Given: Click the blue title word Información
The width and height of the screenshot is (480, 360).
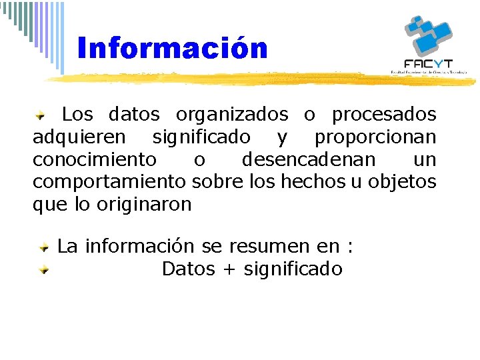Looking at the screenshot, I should click(x=172, y=49).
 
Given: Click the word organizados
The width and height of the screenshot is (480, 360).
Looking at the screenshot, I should click(x=232, y=115).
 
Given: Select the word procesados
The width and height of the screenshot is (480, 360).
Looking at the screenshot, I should click(x=384, y=115).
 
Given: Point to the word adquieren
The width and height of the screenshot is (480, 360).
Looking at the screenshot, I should click(x=79, y=137).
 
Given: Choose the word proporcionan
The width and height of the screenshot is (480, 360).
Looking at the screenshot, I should click(x=375, y=137).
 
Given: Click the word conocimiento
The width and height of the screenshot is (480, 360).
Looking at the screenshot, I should click(x=95, y=160).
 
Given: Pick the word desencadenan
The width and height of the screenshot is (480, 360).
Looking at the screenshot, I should click(x=309, y=160).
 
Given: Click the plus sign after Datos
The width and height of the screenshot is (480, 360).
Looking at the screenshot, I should click(x=229, y=269).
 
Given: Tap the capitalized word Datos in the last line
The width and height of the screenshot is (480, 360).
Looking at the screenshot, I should click(x=188, y=269).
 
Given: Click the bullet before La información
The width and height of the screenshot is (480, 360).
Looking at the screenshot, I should click(x=43, y=247).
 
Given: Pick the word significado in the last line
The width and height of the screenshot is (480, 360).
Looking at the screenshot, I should click(x=293, y=269).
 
